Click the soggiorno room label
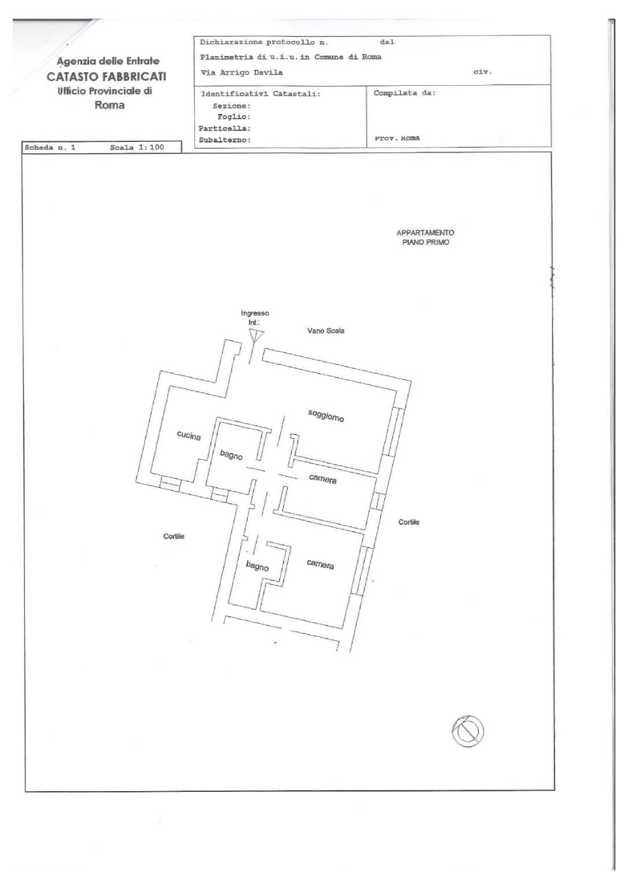point(326,415)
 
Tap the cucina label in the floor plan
point(189,435)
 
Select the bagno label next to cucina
point(231,455)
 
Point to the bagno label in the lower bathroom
point(257,565)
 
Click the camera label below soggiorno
point(322,479)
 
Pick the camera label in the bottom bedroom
point(320,564)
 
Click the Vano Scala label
point(326,331)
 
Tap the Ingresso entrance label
point(255,313)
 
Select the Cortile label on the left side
point(174,537)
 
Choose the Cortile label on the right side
point(409,522)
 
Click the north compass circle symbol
point(467,730)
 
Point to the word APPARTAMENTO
point(425,233)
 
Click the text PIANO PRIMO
point(425,243)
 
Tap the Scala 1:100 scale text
point(137,148)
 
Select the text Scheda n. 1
point(50,148)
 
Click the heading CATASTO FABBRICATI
point(106,76)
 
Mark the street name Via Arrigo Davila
point(241,72)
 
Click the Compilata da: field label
point(405,93)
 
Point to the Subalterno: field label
point(225,140)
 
